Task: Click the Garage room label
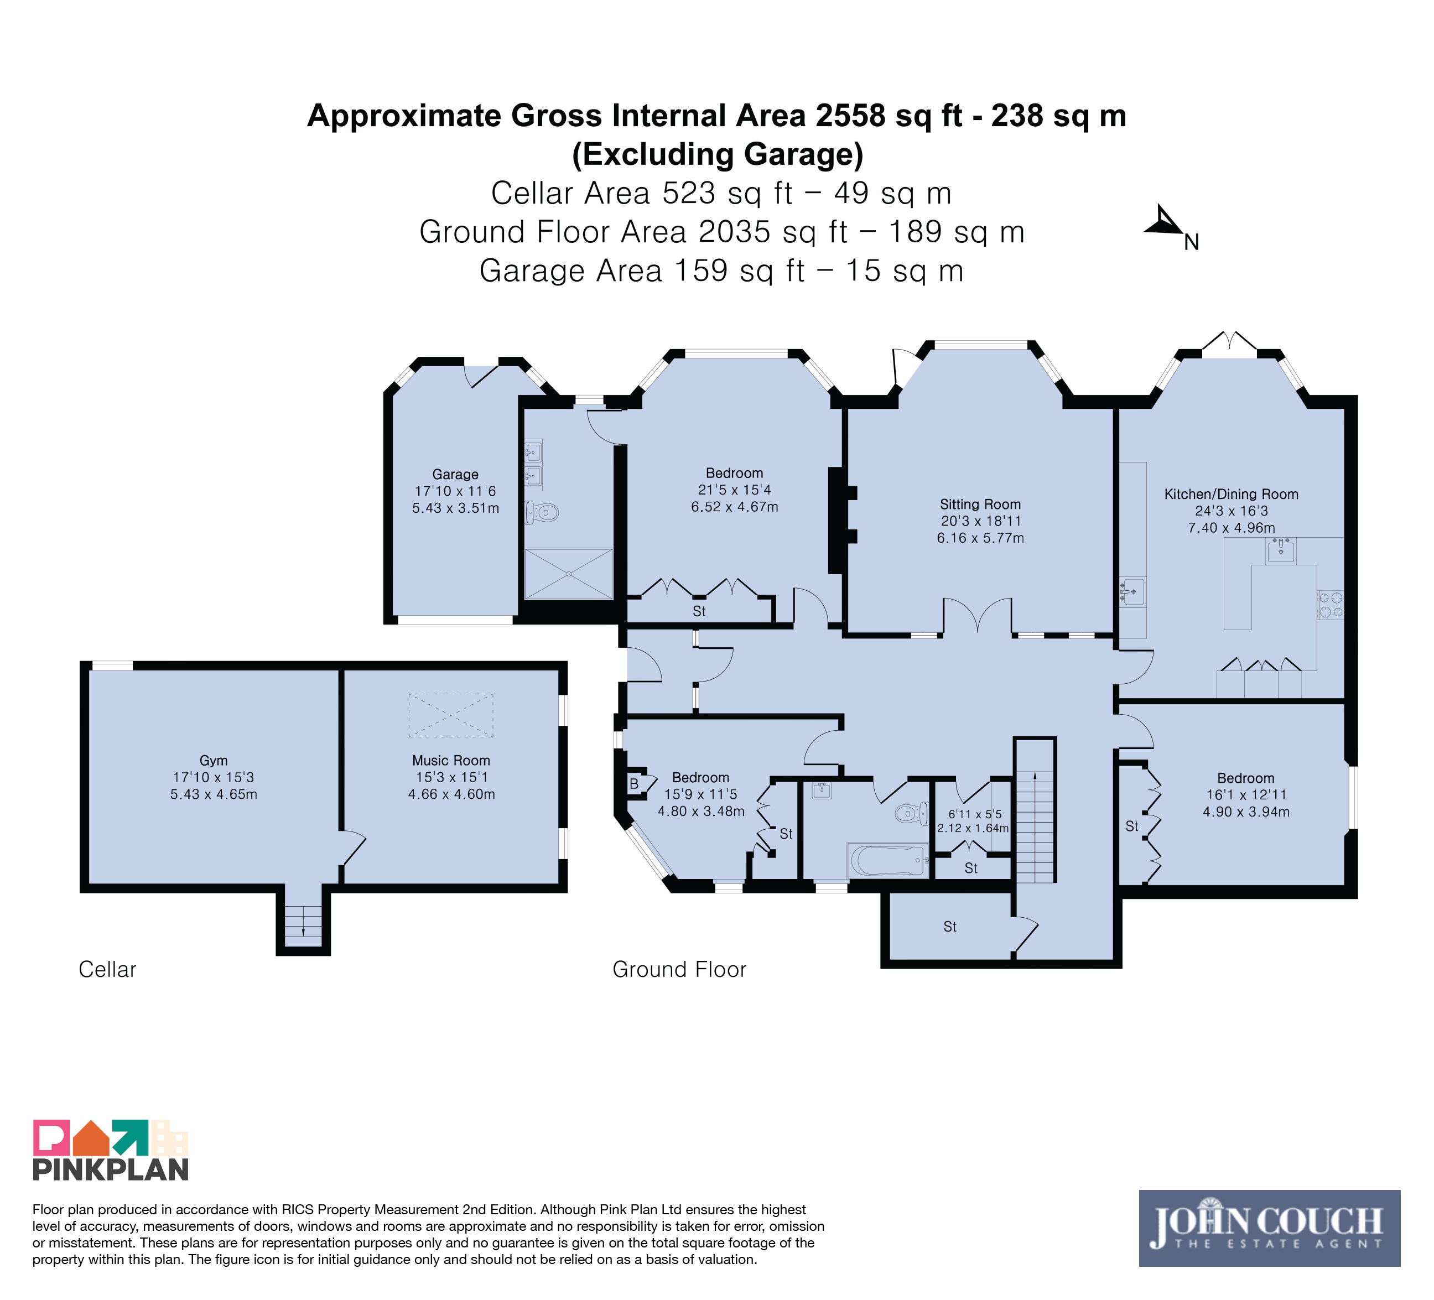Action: click(x=455, y=474)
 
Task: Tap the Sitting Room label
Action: click(x=980, y=504)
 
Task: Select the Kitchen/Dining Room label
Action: click(x=1232, y=494)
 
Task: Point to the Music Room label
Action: click(x=451, y=760)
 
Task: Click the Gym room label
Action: click(x=214, y=760)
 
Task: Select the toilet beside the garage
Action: click(x=542, y=512)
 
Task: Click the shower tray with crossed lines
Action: click(x=568, y=573)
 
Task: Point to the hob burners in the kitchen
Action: click(x=1330, y=605)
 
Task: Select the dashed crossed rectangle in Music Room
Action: click(x=451, y=715)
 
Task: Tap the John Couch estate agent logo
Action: click(x=1270, y=1228)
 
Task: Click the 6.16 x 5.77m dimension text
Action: click(x=980, y=538)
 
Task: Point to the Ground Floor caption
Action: click(x=679, y=969)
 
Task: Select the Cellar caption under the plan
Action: click(x=107, y=969)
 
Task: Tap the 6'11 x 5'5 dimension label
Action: click(x=974, y=814)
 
